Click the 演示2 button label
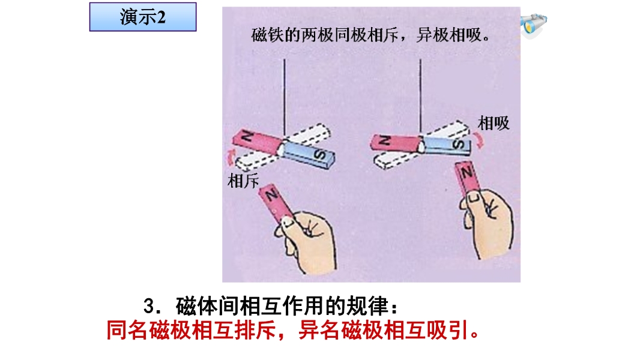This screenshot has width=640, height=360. point(143,17)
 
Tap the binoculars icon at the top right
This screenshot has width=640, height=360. point(533,25)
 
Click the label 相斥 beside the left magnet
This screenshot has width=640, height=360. point(243,181)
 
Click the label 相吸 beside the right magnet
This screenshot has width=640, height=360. point(494,123)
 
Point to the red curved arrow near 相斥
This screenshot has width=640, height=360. point(231,157)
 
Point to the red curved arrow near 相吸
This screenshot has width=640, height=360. point(479,140)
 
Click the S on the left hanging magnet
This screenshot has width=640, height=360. point(320,155)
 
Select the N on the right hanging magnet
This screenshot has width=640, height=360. point(384,141)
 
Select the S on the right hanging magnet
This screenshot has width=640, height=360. point(459,144)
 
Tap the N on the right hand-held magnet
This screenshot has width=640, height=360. point(466,172)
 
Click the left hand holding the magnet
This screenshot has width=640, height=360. point(306,241)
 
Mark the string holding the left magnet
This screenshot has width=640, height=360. point(285,99)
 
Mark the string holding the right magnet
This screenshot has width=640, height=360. point(420,97)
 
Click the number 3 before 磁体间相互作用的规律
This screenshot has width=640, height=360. point(150,307)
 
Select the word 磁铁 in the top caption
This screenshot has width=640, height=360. point(267,35)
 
